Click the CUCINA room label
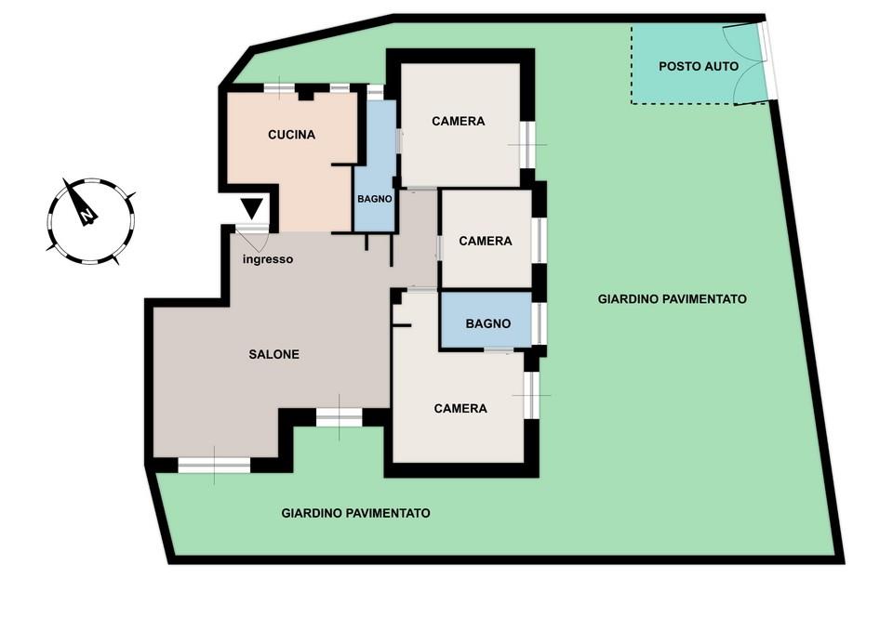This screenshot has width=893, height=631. [291, 135]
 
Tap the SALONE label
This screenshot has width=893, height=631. [273, 354]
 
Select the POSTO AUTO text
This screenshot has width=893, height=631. [699, 66]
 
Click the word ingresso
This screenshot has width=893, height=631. [268, 259]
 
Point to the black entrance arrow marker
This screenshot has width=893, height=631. [251, 208]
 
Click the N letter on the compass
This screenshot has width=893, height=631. [87, 217]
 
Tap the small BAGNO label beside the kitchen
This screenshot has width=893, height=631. [374, 199]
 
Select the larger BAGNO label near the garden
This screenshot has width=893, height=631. [488, 323]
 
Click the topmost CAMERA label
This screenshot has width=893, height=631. [459, 121]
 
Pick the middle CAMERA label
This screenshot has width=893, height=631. [486, 242]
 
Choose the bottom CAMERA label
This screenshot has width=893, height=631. [460, 409]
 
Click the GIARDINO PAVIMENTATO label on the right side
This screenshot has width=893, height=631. [672, 298]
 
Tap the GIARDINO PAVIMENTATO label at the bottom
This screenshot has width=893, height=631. [356, 513]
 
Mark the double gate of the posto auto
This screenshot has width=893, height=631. [746, 64]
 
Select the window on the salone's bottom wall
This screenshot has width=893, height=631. [214, 466]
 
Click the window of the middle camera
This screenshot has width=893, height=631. [539, 240]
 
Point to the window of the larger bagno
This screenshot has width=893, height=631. [539, 323]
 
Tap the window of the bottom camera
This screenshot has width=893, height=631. [531, 395]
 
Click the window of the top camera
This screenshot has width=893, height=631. [527, 145]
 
